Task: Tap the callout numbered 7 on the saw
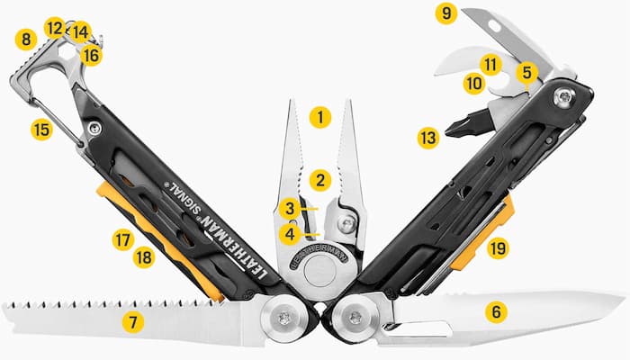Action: tap(133, 320)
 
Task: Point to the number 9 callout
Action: tap(445, 13)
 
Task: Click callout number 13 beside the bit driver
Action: tap(428, 138)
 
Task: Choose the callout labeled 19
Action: tap(498, 247)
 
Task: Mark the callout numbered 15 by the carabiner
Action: tap(41, 129)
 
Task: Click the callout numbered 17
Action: tap(123, 240)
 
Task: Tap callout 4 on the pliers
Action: tap(289, 234)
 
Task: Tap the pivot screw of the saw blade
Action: tap(285, 317)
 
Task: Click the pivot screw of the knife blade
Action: tap(356, 317)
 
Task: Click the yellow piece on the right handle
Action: tap(481, 236)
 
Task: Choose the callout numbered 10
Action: tap(474, 84)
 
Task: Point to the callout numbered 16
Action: tap(91, 54)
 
